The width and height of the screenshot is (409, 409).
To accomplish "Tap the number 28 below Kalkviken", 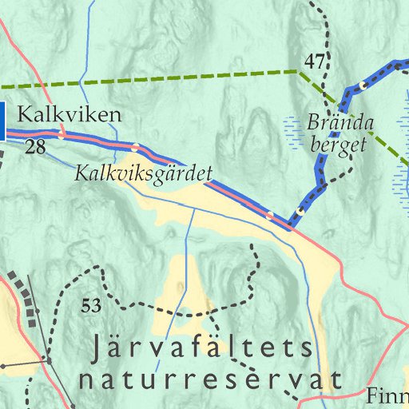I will tap(34, 147).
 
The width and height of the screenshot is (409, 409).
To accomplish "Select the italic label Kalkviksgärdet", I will tap(143, 172).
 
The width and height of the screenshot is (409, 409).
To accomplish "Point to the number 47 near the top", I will tap(315, 61).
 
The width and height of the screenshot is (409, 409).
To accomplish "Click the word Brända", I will tap(340, 124).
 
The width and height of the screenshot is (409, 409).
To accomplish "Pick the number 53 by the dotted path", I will tap(92, 305).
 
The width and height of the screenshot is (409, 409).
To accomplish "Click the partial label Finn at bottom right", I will tap(387, 395).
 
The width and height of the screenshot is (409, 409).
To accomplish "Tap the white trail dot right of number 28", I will tap(62, 135).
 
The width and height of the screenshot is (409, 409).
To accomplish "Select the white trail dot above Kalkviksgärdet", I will tap(135, 147).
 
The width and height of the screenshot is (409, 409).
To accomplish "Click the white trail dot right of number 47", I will tap(363, 84).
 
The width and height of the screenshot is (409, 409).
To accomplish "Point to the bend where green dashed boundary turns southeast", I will tap(298, 71).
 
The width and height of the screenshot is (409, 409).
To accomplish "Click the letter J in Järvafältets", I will tap(97, 349).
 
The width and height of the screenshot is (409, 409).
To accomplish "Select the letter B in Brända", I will tap(312, 124).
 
